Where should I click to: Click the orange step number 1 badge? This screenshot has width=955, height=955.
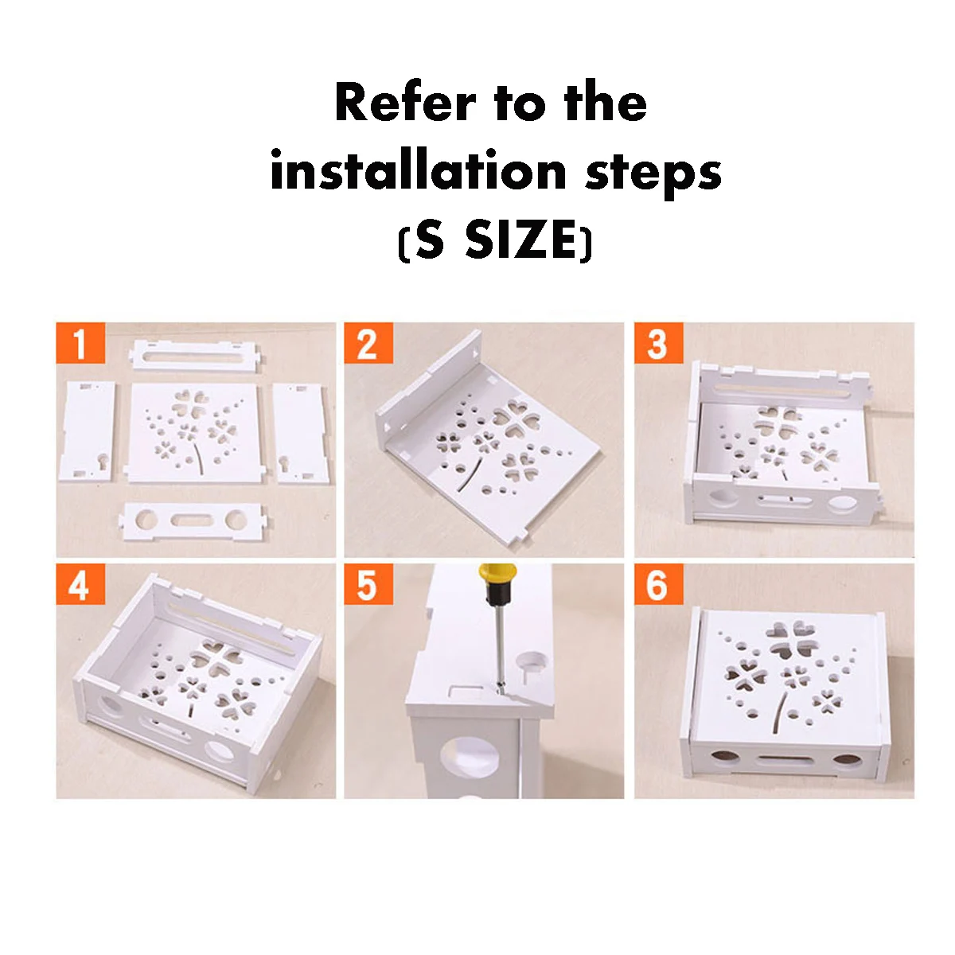point(80,343)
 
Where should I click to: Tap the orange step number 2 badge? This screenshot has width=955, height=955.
point(368,343)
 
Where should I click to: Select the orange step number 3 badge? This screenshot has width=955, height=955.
point(659,343)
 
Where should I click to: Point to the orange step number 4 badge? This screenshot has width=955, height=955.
point(80,584)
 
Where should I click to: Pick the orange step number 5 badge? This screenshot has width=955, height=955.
point(368,584)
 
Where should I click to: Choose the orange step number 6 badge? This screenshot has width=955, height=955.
point(659,584)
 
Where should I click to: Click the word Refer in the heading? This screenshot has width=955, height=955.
point(405,103)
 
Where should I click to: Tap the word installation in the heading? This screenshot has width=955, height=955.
point(419,170)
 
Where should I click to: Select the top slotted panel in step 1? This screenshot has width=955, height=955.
point(195,356)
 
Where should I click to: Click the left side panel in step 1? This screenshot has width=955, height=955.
point(88,431)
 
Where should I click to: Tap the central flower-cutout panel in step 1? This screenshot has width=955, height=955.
point(193,433)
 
